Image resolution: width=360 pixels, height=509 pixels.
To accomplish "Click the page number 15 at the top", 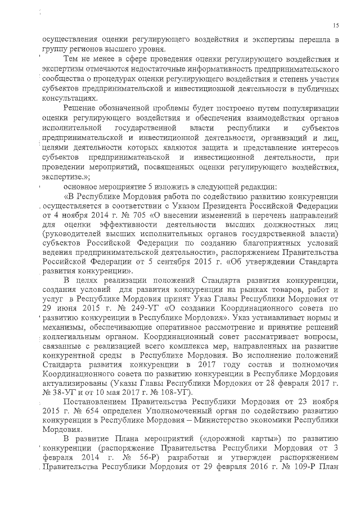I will tap(336, 25).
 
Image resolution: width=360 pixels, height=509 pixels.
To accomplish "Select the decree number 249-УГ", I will tap(123, 309).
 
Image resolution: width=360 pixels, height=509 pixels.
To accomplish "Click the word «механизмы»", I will tap(63, 328).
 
